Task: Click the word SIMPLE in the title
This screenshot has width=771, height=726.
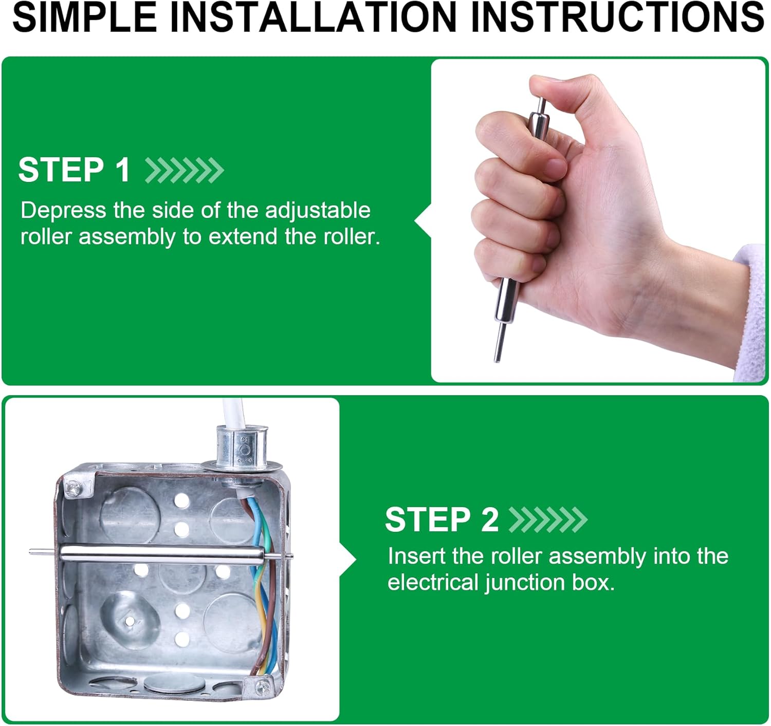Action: [x=85, y=17]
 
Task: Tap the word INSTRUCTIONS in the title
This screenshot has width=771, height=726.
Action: [x=618, y=17]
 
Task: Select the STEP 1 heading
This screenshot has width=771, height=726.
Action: [x=74, y=170]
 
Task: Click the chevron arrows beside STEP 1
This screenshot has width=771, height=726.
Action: [x=185, y=170]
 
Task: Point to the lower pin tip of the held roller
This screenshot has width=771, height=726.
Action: [x=497, y=360]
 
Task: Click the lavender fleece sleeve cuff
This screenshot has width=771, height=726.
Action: [x=751, y=310]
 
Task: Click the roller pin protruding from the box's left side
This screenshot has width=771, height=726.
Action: [x=45, y=551]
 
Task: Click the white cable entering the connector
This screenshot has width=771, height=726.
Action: [x=234, y=413]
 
